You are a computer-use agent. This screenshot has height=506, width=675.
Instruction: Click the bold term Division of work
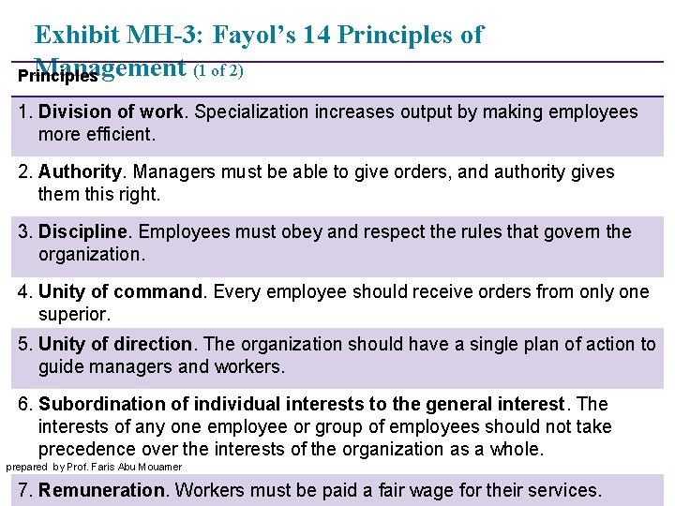pyautogui.click(x=112, y=112)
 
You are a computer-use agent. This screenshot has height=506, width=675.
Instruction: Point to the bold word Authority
pyautogui.click(x=81, y=172)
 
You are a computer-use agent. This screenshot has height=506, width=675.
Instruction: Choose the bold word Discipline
pyautogui.click(x=82, y=232)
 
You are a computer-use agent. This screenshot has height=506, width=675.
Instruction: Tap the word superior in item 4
pyautogui.click(x=74, y=314)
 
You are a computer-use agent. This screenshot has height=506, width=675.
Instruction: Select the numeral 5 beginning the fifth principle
pyautogui.click(x=23, y=345)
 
